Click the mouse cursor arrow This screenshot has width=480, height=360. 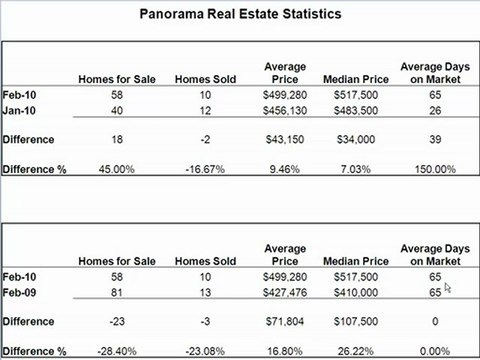(448, 289)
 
